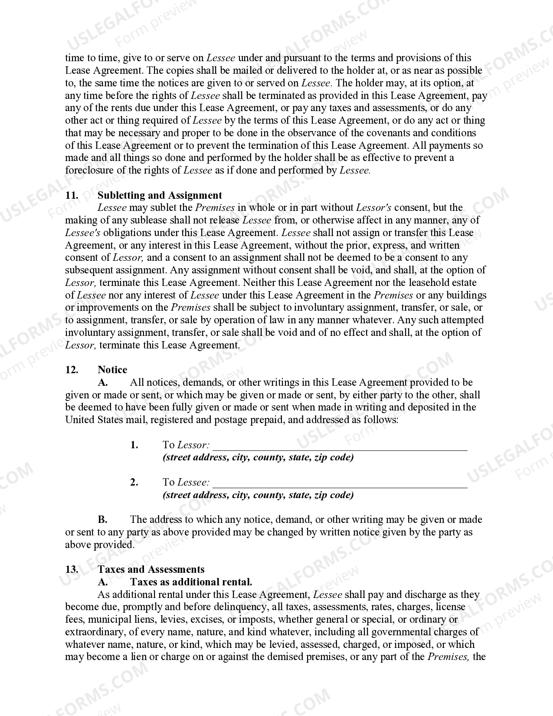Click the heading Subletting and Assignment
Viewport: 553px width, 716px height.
(x=160, y=195)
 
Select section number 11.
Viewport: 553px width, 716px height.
(x=72, y=195)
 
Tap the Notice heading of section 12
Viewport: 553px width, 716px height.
(x=112, y=370)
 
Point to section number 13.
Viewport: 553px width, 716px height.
(x=72, y=569)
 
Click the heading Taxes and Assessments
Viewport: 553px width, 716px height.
(x=151, y=569)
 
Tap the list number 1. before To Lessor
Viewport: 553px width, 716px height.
(x=134, y=445)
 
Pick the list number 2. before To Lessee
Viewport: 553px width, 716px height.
(x=134, y=482)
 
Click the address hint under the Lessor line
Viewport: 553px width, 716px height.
(x=258, y=457)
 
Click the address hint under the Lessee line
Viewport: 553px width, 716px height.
(x=258, y=495)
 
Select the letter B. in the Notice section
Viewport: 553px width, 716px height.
(x=102, y=519)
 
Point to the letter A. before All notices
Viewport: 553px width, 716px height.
(x=102, y=382)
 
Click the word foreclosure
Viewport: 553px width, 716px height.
(x=89, y=170)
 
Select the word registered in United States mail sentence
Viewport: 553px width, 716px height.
(x=170, y=420)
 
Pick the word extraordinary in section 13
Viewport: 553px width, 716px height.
(x=92, y=632)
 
